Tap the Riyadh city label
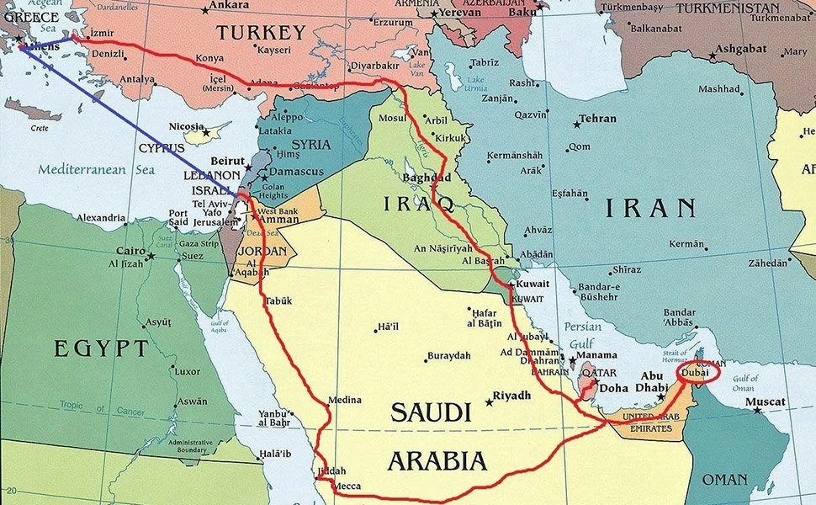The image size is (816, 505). point(511,396)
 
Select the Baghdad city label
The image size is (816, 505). point(428,178)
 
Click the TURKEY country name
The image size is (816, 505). point(261,34)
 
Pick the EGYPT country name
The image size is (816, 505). point(102,348)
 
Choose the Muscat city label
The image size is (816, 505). point(767,402)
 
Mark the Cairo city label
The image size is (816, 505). point(130,251)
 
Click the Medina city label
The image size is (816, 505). point(345,400)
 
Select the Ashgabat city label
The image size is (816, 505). point(744,49)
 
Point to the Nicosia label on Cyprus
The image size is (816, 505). point(187,127)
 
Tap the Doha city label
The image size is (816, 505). point(613,388)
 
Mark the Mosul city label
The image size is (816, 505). point(392,118)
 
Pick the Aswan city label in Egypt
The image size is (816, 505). point(192,401)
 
